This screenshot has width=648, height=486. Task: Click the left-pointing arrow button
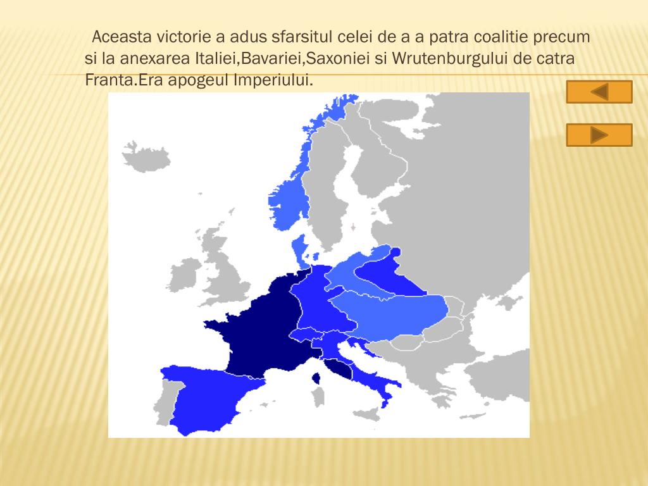[599, 92]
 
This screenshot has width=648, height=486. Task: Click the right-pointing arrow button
[599, 135]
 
